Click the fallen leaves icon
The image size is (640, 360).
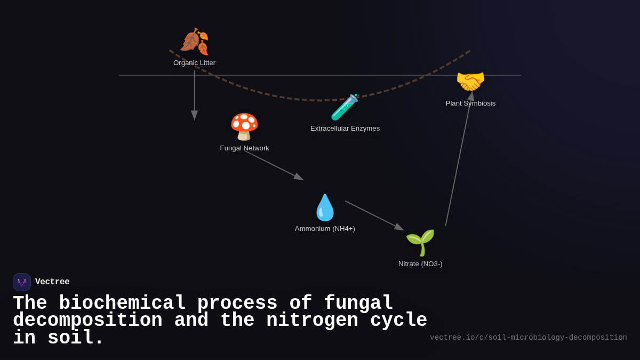[x=194, y=42]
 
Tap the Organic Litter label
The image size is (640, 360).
[x=194, y=63]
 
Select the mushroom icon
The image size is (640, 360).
[x=244, y=127]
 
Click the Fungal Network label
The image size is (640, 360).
[x=244, y=148]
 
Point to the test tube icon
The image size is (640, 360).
[x=345, y=107]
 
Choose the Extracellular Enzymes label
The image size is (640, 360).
[x=345, y=129]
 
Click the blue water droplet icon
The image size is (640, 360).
[x=325, y=207]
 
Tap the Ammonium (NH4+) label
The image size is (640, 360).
[x=325, y=229]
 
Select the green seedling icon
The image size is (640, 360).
[x=420, y=243]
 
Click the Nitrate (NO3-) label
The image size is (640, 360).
[x=420, y=264]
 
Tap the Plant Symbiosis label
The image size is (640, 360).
[x=470, y=103]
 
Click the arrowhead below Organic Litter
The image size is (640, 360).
[x=195, y=115]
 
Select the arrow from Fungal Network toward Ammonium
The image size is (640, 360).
[x=273, y=165]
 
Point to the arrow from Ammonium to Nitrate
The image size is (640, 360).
[x=373, y=215]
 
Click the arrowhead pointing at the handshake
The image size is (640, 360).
[x=470, y=97]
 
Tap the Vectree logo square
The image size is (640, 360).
[x=22, y=282]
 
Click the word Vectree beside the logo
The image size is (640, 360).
[x=52, y=282]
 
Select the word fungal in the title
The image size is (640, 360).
[x=358, y=303]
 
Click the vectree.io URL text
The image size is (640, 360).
[x=528, y=338]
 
